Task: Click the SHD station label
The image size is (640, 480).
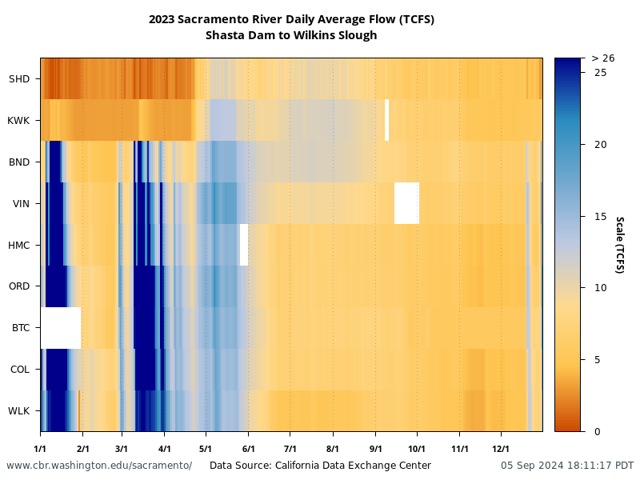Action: click(x=19, y=78)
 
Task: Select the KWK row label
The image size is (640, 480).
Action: click(x=18, y=120)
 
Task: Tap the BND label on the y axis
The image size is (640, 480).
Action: click(x=19, y=162)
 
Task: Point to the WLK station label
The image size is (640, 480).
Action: click(x=19, y=411)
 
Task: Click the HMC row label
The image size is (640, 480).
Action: click(x=18, y=245)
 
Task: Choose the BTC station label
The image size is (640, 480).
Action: click(x=20, y=328)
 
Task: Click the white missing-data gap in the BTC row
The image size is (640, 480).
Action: click(x=61, y=328)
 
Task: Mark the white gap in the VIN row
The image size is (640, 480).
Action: click(x=406, y=203)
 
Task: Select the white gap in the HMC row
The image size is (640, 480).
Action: click(x=244, y=245)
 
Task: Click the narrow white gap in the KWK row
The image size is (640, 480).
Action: click(x=386, y=120)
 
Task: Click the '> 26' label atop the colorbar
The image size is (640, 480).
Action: click(x=602, y=58)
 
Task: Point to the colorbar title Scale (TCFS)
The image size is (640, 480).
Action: click(x=618, y=244)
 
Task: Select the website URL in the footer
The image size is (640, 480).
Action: click(x=99, y=466)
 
